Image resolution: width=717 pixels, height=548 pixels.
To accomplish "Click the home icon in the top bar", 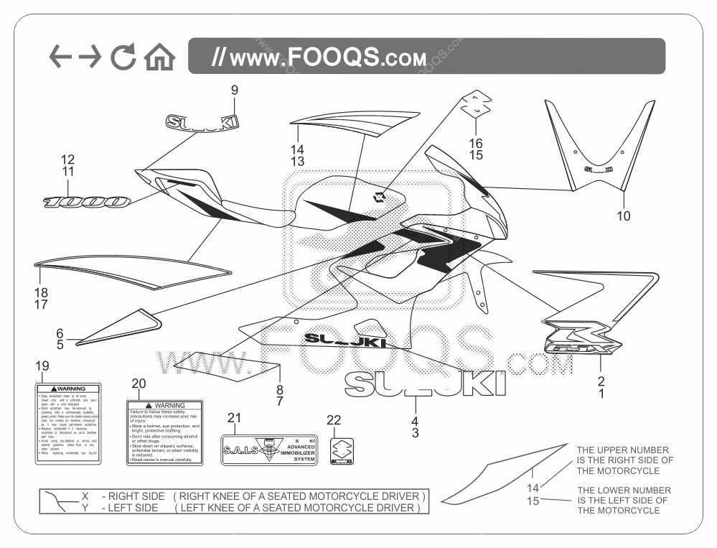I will [x=159, y=57].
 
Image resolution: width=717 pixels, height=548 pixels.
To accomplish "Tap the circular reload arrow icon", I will [x=123, y=57].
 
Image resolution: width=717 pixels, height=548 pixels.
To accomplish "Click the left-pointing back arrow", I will [x=60, y=57].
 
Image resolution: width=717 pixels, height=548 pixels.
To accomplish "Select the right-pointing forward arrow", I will [x=91, y=57].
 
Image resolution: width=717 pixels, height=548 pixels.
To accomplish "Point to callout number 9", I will [x=234, y=90].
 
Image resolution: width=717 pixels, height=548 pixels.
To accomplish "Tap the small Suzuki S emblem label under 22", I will [x=342, y=451].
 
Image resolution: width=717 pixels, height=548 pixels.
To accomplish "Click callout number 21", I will [x=235, y=418].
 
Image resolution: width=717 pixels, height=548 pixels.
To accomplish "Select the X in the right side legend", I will [x=85, y=496].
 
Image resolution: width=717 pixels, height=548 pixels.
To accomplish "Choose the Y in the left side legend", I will [x=85, y=508].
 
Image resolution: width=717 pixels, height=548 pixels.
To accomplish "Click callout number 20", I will [x=139, y=384].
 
